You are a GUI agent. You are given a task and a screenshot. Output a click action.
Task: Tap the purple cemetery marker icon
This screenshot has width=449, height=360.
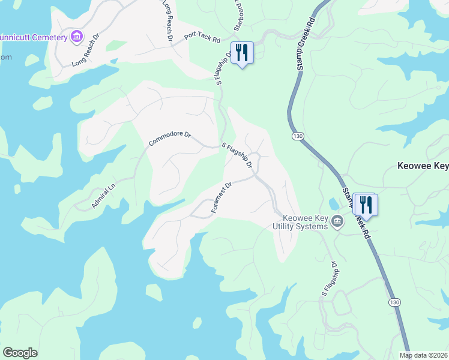click(x=76, y=37)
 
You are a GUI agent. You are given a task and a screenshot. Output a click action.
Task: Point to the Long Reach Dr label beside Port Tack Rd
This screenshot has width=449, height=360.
click(x=167, y=21)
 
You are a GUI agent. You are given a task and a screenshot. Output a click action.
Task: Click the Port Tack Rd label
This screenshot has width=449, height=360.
click(x=203, y=37)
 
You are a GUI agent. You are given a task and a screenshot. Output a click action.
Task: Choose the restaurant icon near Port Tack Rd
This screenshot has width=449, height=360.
click(x=242, y=52)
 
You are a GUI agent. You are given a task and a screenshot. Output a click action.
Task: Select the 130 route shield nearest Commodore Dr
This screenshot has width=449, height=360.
click(x=297, y=137)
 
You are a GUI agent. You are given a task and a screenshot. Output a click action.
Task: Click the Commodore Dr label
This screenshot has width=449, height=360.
click(x=169, y=139)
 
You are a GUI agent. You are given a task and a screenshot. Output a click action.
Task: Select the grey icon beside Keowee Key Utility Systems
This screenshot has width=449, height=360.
click(x=337, y=222)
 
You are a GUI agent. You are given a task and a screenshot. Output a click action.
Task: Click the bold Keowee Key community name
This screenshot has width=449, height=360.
click(x=423, y=166)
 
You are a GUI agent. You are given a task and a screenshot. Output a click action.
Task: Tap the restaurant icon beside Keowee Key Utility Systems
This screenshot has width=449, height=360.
click(x=365, y=205)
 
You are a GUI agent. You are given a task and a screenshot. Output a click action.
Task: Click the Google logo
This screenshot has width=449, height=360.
click(x=20, y=353)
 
